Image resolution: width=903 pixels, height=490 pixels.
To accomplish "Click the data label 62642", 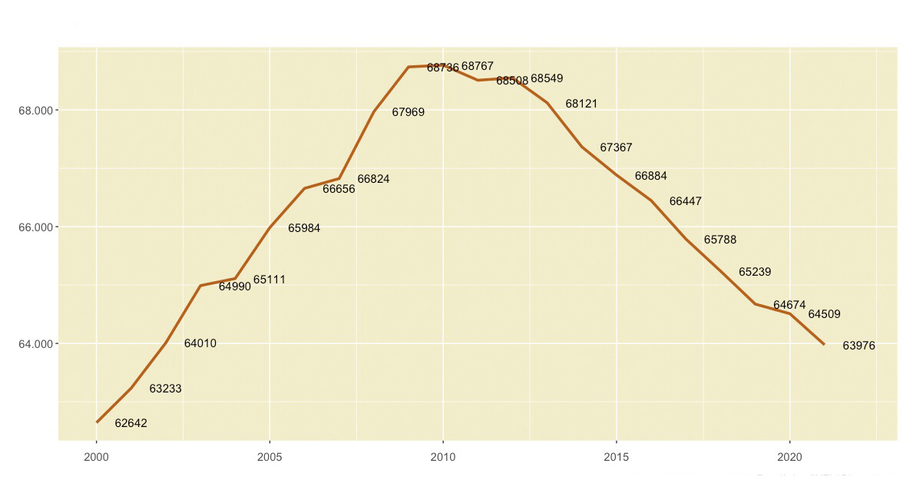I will coord(131,423).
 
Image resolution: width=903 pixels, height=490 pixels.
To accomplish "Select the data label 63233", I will coord(166,389).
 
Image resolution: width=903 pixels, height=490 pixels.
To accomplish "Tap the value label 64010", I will coord(200,343).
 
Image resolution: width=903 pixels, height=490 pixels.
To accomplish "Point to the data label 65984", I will coord(304,228).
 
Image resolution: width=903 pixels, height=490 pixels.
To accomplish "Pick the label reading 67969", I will coord(408,112).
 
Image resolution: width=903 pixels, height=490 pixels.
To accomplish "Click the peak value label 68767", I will coord(478,66).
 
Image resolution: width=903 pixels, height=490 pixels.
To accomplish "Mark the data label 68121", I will coord(581,104).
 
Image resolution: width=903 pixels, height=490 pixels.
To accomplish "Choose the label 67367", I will coord(616,147).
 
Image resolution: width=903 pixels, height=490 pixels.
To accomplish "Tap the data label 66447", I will coord(686,201).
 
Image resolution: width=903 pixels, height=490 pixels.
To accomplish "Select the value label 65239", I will coord(755,272).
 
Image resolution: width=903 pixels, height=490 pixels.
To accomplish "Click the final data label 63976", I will coord(858,346).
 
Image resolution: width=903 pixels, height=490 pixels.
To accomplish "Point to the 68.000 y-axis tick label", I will coord(35,111).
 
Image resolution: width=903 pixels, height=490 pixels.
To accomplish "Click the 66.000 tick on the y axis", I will coord(35,227).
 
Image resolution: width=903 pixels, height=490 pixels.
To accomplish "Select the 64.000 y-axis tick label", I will coord(35,344).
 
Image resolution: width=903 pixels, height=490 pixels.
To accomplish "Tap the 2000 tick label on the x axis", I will coord(97,457).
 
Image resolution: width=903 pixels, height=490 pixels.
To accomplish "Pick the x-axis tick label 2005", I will coord(270,457).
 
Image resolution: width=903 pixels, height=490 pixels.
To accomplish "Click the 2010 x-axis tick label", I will coord(443,457).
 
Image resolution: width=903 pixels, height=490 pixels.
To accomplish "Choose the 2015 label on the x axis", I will coord(616,457).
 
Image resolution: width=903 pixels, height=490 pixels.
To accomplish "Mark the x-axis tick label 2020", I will coord(789,457).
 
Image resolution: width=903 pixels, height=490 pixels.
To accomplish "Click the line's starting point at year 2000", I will coord(97,422).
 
